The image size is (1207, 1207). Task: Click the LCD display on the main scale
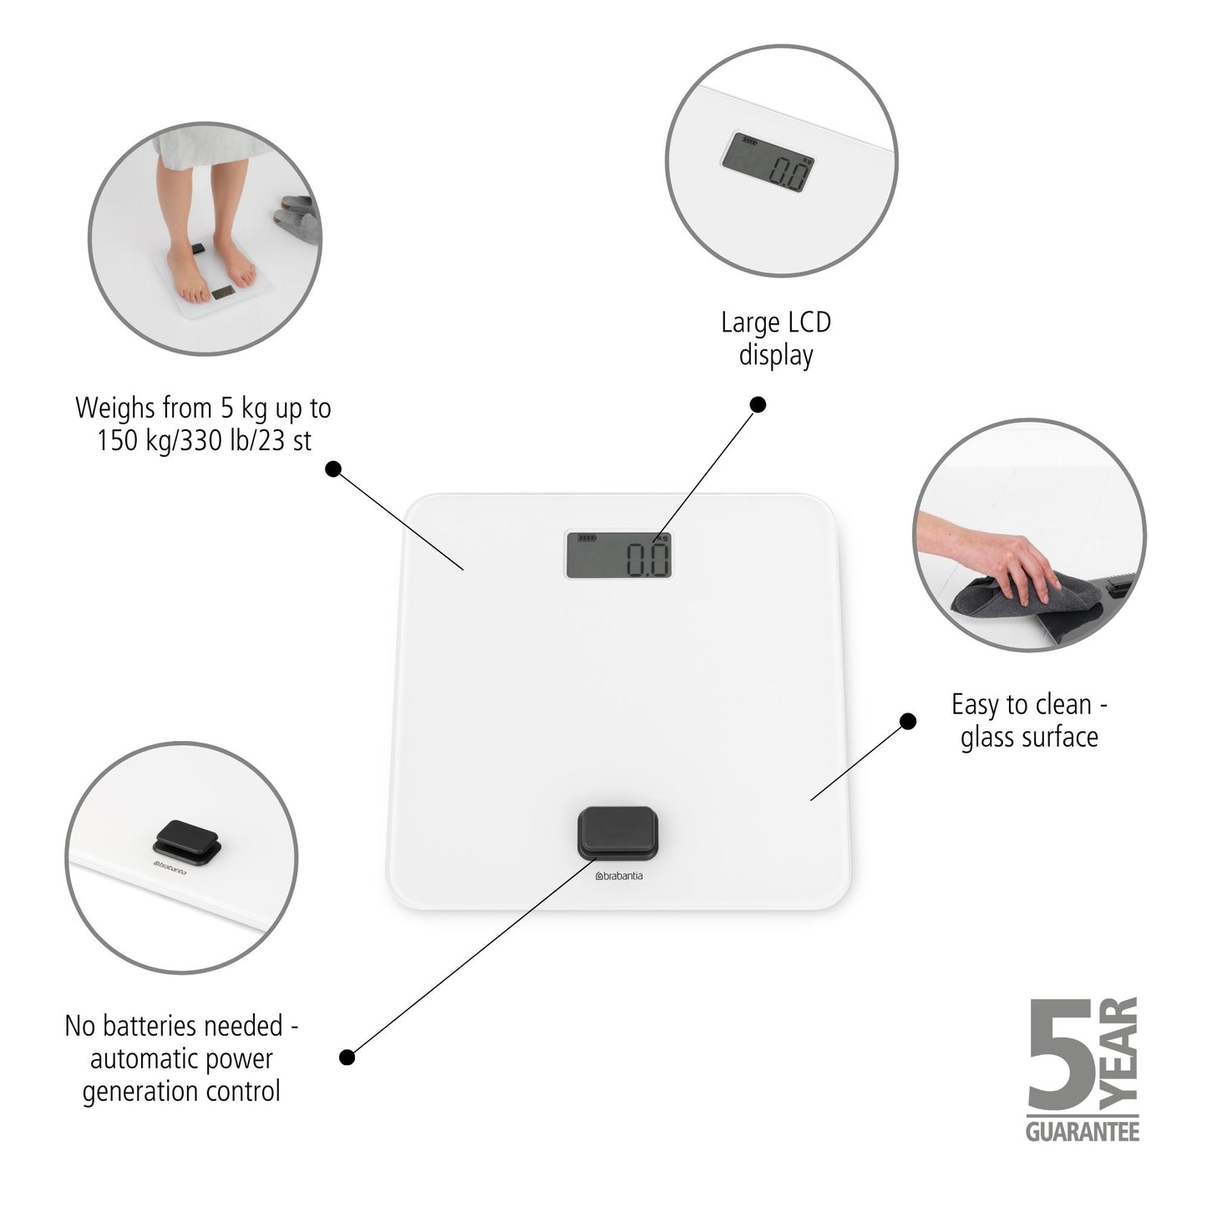tap(619, 555)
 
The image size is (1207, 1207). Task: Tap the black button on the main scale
tap(617, 830)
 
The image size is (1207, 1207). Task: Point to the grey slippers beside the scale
tap(298, 219)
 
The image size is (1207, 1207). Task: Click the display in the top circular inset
tap(768, 165)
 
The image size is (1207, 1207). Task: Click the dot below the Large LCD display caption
tap(758, 405)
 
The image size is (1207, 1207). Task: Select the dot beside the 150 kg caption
tap(332, 469)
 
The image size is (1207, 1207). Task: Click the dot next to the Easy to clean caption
tap(907, 721)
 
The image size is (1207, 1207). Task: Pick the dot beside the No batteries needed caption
tap(347, 1057)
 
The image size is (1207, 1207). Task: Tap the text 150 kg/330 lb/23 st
tap(204, 440)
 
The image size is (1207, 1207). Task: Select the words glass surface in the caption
tap(1029, 737)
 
